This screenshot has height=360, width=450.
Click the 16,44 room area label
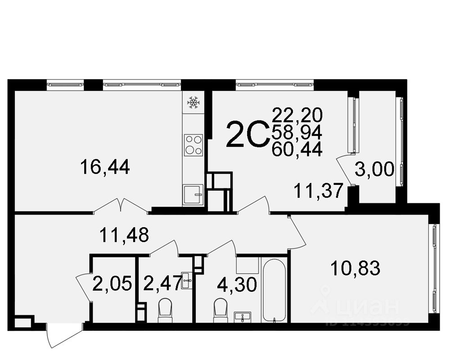tap(105, 167)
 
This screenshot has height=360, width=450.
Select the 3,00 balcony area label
tap(374, 170)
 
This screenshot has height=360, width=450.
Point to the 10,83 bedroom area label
tap(355, 269)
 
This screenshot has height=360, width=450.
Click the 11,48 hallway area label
tap(124, 235)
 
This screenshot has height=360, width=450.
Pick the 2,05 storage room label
tap(112, 284)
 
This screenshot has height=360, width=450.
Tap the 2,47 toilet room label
tap(162, 283)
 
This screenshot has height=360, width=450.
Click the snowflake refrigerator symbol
tap(193, 103)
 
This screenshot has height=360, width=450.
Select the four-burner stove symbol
tap(193, 144)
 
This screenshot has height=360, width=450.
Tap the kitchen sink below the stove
tap(193, 195)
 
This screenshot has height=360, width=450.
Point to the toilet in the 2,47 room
tap(165, 311)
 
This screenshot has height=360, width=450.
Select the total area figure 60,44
tap(297, 148)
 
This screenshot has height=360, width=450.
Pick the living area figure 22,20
tap(297, 115)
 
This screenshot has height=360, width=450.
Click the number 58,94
tap(297, 132)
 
